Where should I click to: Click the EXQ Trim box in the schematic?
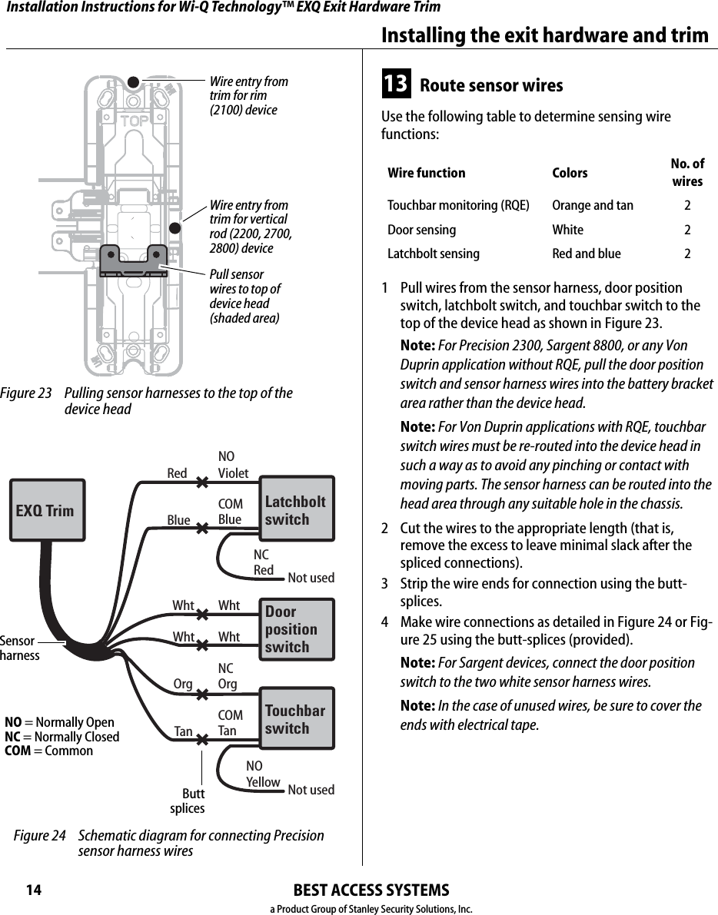[46, 510]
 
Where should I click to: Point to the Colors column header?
[570, 173]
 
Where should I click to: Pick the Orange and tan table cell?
[593, 205]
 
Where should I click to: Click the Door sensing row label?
[421, 230]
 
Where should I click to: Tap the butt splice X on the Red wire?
[203, 484]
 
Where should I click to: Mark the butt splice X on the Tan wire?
[203, 740]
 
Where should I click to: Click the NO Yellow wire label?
[262, 774]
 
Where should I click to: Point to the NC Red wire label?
[263, 562]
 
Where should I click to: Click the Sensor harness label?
[20, 648]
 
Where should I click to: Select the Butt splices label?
[188, 801]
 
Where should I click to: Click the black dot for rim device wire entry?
[132, 81]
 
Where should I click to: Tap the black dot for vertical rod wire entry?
[175, 227]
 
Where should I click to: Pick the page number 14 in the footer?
[33, 890]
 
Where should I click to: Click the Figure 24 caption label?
[40, 836]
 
